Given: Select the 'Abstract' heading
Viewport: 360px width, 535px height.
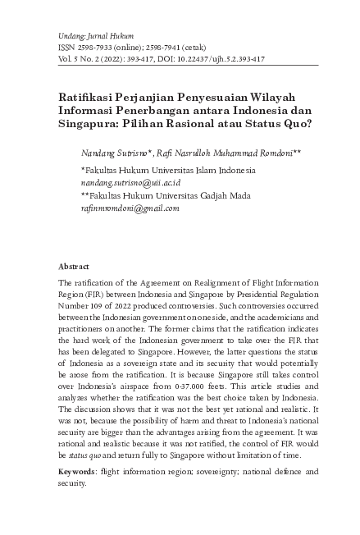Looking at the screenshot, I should click(74, 267).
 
